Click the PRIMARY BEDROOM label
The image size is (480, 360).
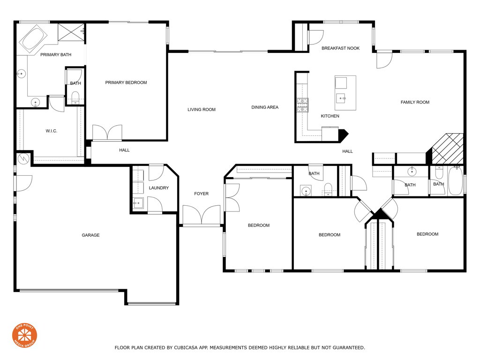[x=126, y=82]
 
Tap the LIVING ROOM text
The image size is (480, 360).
[x=202, y=110]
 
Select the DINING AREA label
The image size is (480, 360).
[x=265, y=107]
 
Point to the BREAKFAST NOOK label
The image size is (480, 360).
[x=341, y=48]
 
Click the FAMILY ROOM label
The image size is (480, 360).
[x=415, y=102]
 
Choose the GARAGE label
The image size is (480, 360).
[x=90, y=235]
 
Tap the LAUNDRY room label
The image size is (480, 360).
[x=158, y=188]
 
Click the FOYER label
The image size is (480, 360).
[x=202, y=194]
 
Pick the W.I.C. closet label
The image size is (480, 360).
[x=52, y=131]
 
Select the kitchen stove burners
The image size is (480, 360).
[x=302, y=105]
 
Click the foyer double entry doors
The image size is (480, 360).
[x=202, y=216]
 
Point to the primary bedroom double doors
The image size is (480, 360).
[x=107, y=133]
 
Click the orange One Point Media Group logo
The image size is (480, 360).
[x=24, y=335]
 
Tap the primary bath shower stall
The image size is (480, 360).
[x=71, y=32]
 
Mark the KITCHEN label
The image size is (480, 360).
[x=330, y=116]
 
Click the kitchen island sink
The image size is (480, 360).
[x=341, y=97]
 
